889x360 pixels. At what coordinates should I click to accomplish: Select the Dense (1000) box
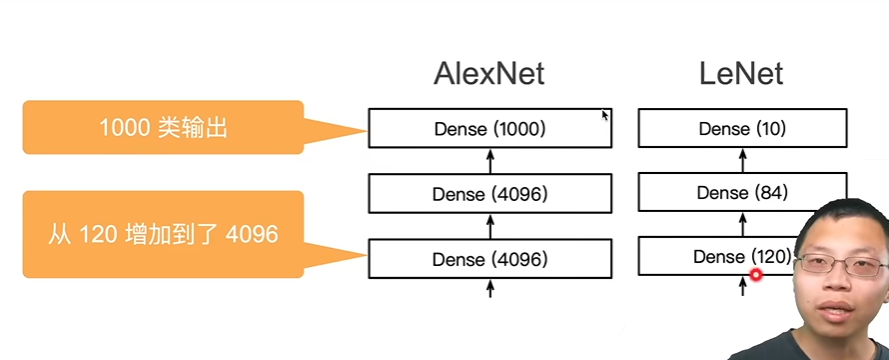tap(490, 129)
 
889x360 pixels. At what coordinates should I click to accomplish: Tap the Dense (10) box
tap(742, 129)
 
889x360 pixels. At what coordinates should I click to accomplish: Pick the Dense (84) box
tap(742, 193)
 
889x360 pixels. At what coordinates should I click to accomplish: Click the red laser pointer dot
tap(756, 274)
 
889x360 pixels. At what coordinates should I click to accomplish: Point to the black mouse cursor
tap(605, 115)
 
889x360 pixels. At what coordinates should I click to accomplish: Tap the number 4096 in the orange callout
tap(252, 235)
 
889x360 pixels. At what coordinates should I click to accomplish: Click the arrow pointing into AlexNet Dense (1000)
tap(490, 160)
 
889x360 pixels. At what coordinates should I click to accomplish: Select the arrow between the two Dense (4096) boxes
tap(490, 225)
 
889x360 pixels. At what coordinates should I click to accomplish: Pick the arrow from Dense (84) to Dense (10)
tap(742, 160)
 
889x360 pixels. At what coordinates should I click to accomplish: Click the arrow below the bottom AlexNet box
tap(490, 288)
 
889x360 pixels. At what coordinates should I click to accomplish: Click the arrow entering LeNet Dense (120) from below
tap(742, 287)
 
